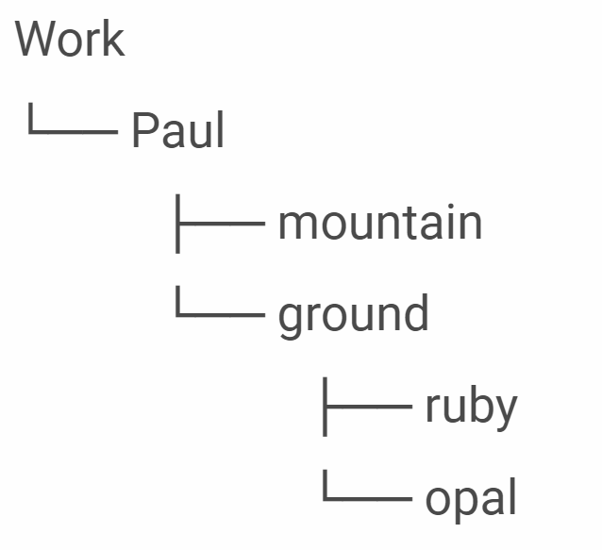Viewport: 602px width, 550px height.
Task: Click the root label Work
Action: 70,40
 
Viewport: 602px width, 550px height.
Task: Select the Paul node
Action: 177,130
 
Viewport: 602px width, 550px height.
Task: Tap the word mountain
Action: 379,223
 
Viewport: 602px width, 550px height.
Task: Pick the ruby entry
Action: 470,407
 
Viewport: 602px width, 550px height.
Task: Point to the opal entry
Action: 470,499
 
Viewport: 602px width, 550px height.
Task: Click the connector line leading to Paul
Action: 72,130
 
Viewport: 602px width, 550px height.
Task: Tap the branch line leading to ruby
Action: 366,406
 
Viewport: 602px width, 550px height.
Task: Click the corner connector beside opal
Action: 366,496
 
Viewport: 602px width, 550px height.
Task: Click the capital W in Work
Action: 34,40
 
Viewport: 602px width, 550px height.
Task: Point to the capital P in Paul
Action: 143,130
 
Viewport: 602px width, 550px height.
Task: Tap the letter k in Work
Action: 114,40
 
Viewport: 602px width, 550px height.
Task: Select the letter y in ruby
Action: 506,409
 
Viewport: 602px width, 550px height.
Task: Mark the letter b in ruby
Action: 480,404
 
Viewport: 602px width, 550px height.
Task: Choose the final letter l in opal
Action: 512,496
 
